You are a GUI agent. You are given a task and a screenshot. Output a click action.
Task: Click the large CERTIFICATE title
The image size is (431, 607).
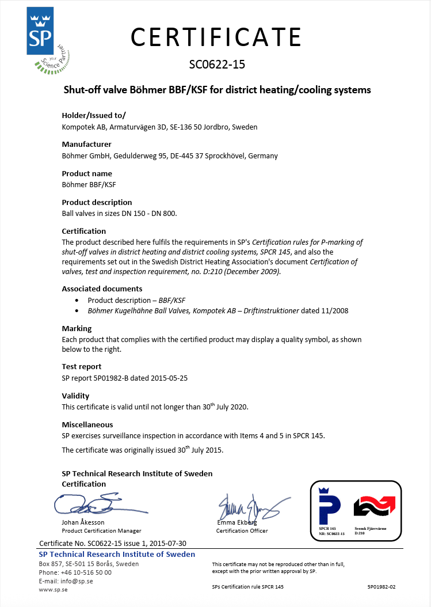(216, 37)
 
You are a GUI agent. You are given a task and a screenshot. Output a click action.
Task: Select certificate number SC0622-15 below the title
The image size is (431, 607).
(217, 64)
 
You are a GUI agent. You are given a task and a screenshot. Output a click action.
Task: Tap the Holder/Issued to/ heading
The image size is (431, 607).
(93, 115)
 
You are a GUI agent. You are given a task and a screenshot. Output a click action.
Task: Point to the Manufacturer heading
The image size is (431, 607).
(86, 144)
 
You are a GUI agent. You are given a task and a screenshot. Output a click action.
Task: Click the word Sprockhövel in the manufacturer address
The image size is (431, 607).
(226, 155)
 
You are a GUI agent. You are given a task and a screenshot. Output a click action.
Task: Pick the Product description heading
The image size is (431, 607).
(97, 202)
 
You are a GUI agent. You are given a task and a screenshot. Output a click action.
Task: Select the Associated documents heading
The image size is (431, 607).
(102, 289)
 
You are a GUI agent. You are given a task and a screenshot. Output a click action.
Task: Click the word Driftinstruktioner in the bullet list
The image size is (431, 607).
(270, 311)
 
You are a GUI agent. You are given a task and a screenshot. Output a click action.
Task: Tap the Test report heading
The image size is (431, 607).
(81, 366)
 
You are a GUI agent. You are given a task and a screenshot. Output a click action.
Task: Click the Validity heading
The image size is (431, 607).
(75, 396)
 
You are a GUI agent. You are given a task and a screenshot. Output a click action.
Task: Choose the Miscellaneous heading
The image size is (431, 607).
(87, 424)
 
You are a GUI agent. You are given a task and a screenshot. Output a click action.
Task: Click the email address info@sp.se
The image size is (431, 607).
(77, 581)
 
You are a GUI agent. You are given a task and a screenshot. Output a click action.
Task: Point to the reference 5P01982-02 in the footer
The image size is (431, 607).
(382, 587)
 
